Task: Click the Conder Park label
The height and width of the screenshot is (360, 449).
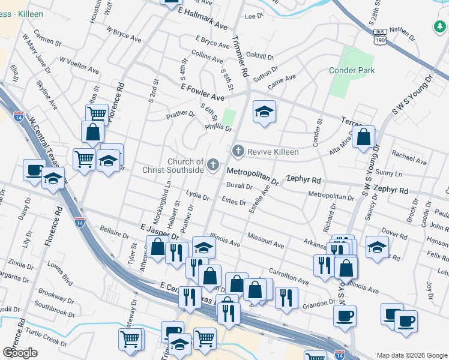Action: (x=352, y=71)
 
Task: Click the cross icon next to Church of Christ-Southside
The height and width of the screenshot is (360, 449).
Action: (x=212, y=164)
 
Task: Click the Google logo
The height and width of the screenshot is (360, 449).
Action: (x=20, y=353)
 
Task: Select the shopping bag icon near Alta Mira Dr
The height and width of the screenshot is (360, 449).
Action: (x=364, y=137)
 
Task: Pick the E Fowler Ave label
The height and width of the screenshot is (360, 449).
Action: (x=202, y=92)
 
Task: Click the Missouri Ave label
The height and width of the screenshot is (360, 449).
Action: (x=265, y=241)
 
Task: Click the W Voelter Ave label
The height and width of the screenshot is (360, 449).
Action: (x=79, y=65)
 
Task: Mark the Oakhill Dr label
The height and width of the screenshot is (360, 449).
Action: (x=259, y=56)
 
